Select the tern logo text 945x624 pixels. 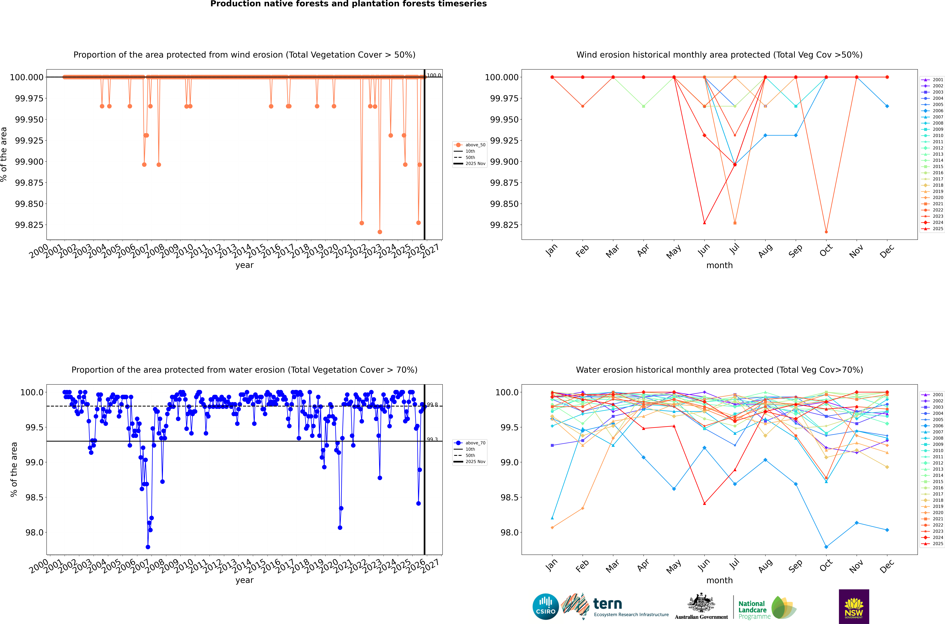click(x=607, y=604)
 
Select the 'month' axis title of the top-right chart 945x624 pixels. click(x=719, y=265)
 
